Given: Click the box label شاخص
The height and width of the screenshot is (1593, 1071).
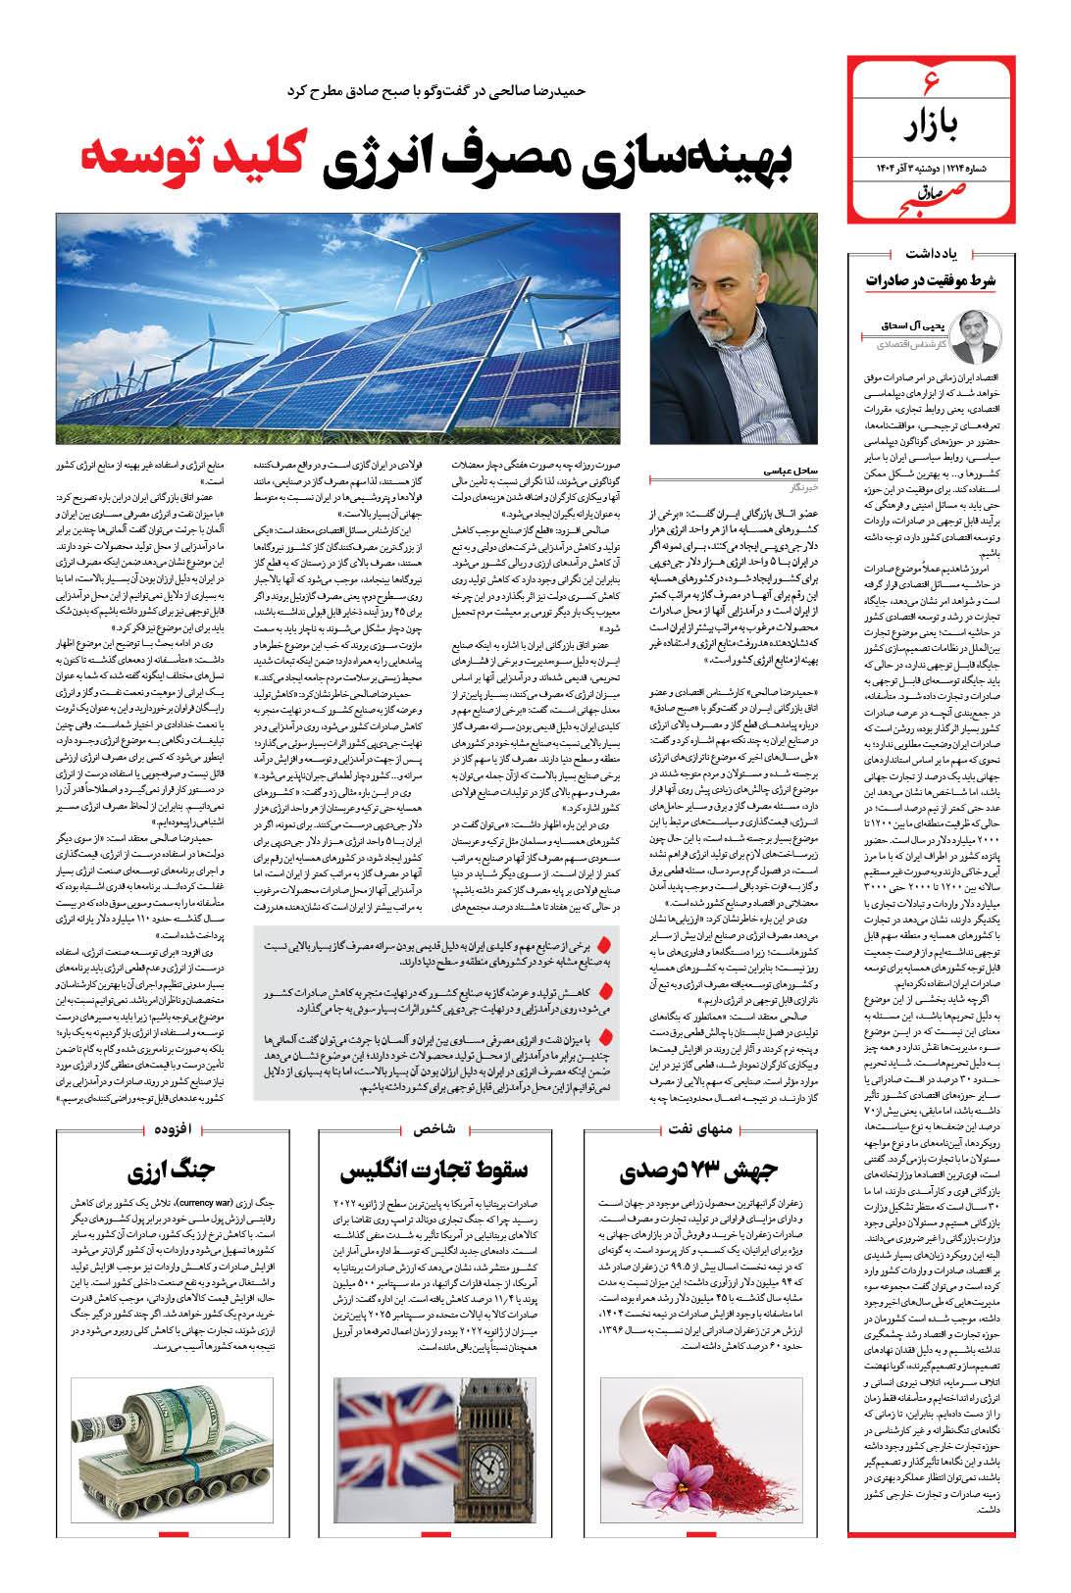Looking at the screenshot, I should click(x=436, y=1127).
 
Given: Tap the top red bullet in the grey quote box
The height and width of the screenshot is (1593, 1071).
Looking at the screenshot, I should click(x=605, y=943).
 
